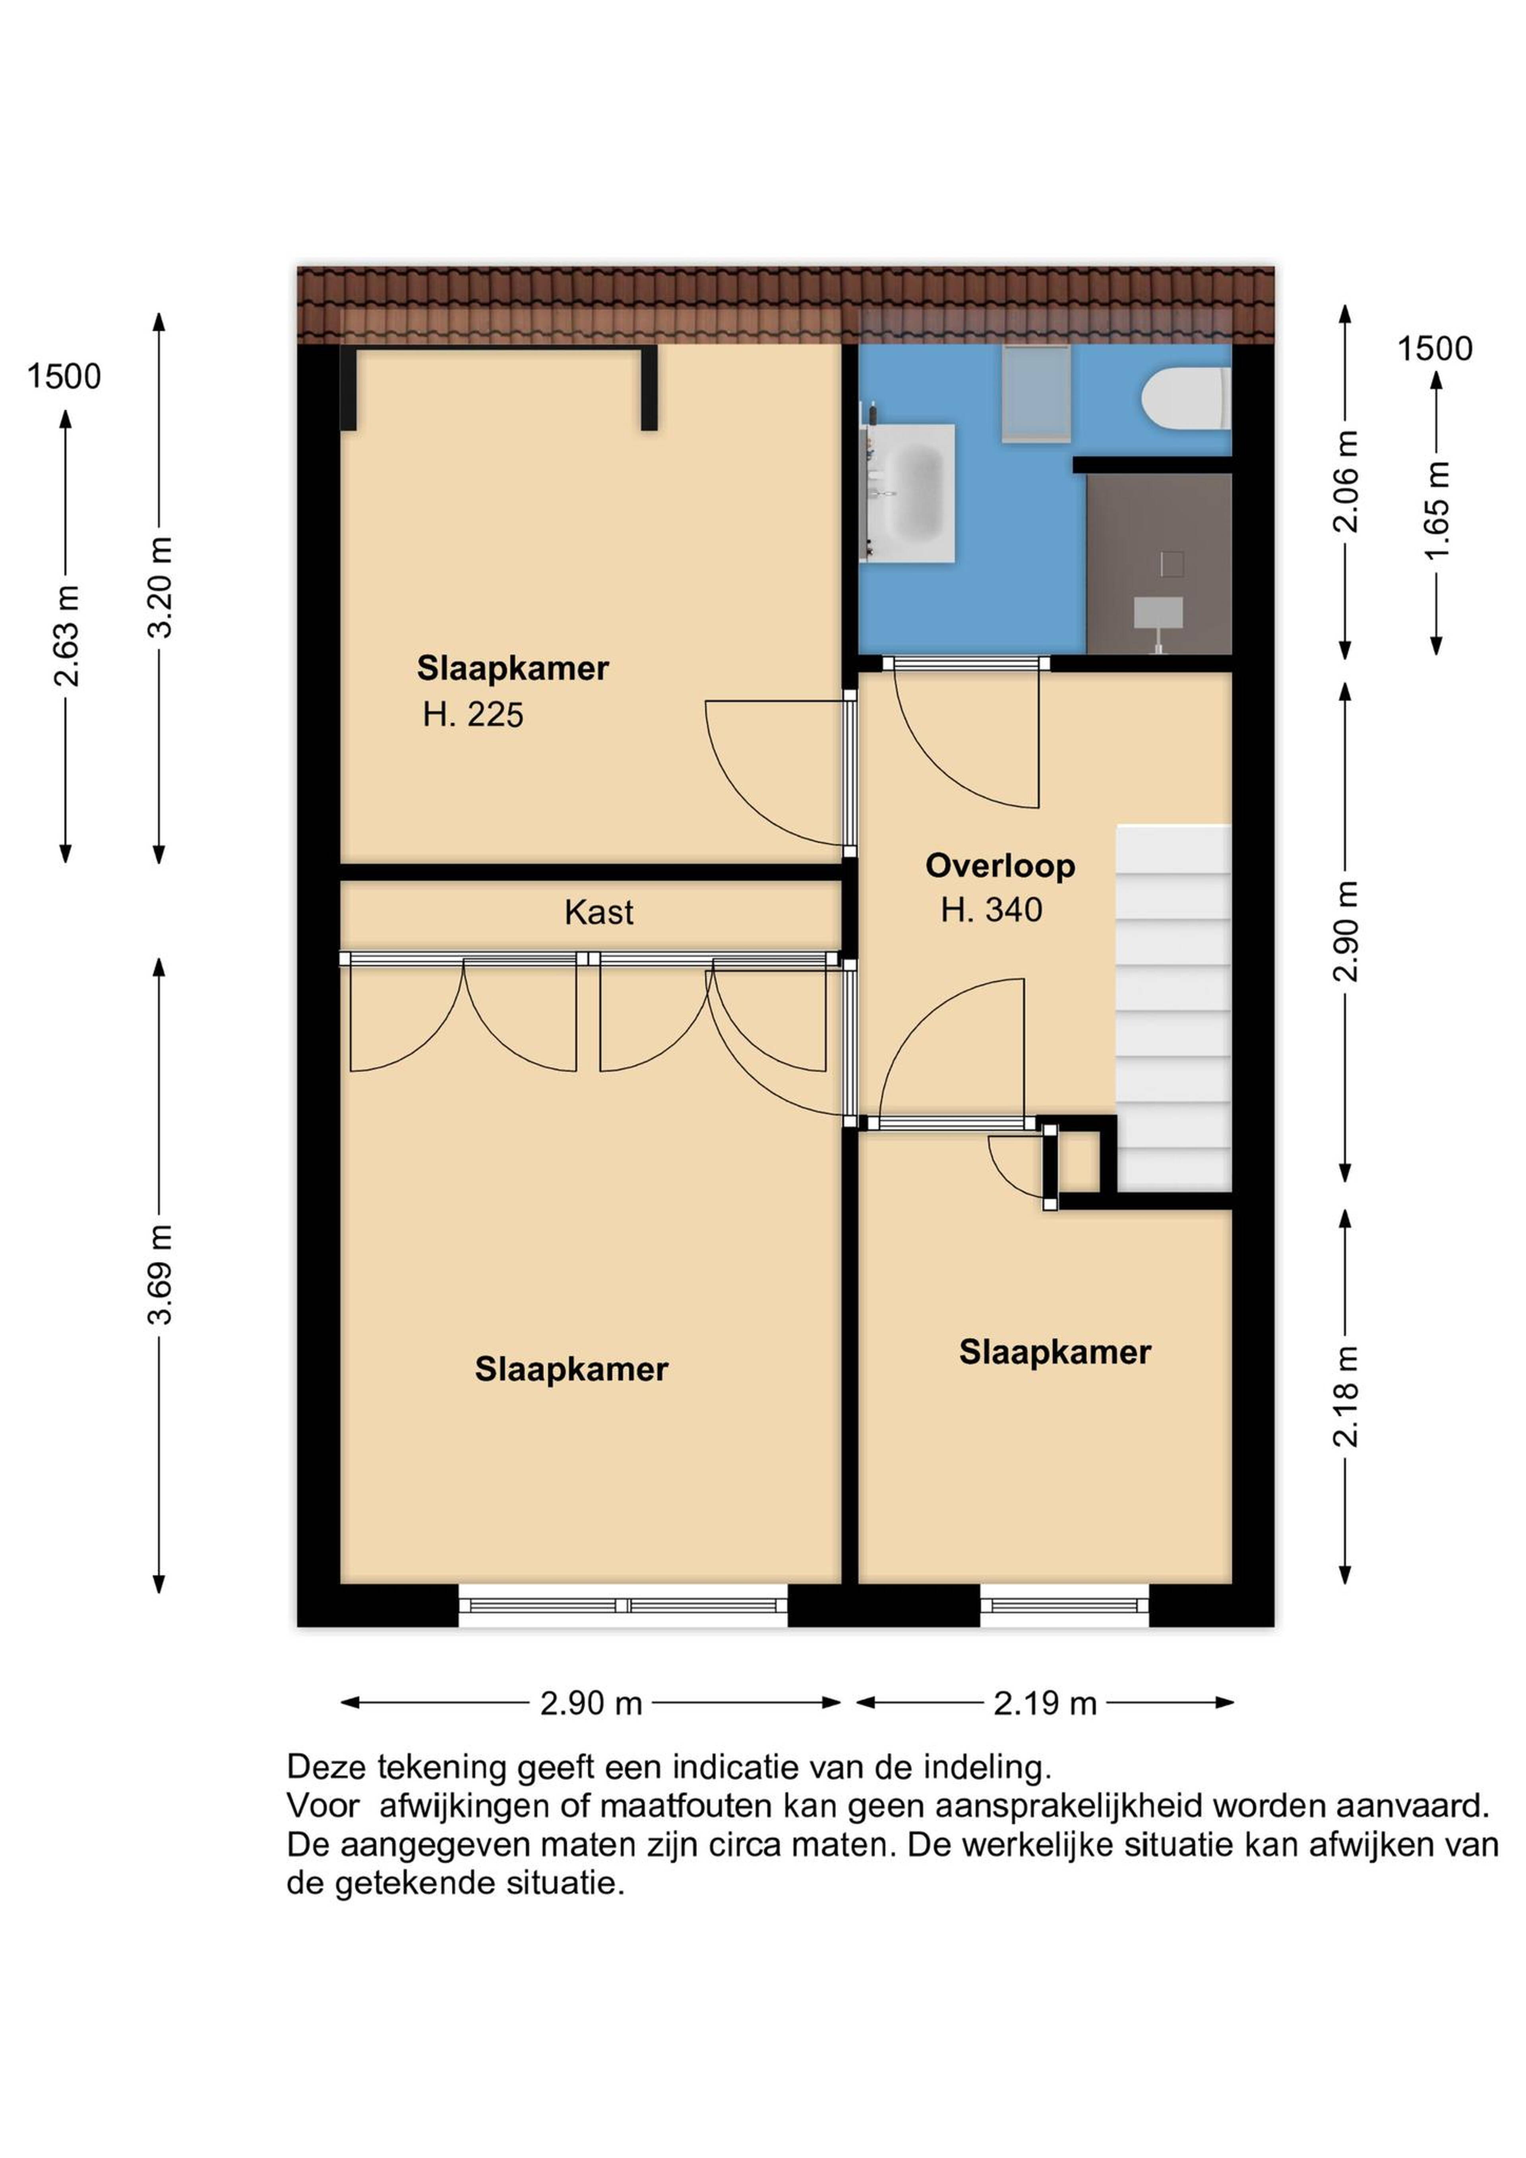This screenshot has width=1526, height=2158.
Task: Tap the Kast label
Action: click(599, 912)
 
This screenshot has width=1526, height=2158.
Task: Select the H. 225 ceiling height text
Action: click(473, 715)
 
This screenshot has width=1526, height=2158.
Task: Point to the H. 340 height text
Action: click(992, 910)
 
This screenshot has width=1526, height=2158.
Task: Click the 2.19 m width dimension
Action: click(1046, 1703)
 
